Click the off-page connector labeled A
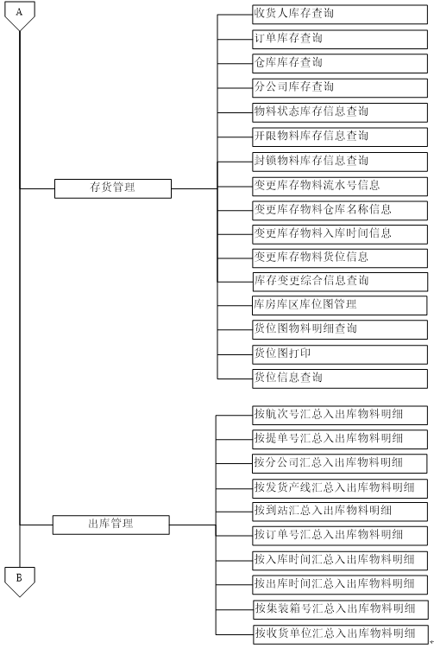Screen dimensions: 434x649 coord(20,16)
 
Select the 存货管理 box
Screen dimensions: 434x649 coord(113,188)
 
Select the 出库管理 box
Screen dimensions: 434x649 coord(110,525)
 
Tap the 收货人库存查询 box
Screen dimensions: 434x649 coord(340,15)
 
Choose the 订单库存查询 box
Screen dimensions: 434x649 coord(340,40)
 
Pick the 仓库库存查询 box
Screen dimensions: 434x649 coord(340,63)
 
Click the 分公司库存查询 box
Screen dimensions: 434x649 coord(340,88)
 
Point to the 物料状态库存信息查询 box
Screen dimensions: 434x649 coord(340,112)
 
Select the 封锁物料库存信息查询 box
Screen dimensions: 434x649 coord(340,162)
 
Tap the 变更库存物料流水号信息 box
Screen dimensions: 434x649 coord(340,187)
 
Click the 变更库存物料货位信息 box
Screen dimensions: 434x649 coord(340,258)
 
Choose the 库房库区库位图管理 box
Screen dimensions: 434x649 coord(340,305)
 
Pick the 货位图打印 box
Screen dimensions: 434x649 coord(340,354)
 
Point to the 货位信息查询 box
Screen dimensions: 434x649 coord(340,379)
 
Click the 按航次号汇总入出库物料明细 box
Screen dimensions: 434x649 coord(340,415)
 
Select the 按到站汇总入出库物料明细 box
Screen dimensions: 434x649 coord(340,512)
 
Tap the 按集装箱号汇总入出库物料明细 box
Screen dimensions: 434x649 coord(341,609)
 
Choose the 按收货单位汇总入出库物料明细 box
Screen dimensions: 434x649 coord(341,634)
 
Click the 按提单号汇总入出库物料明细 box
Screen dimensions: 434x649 coord(340,440)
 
